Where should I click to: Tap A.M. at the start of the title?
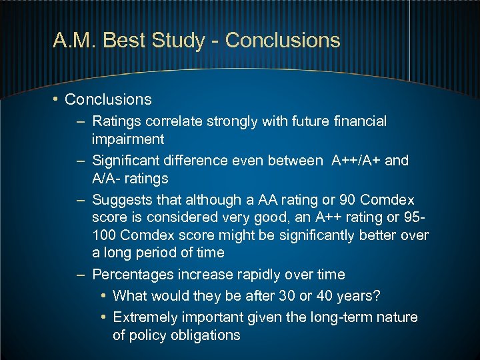pos(75,40)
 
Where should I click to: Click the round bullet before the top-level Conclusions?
pos(57,100)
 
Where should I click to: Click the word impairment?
pos(128,139)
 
